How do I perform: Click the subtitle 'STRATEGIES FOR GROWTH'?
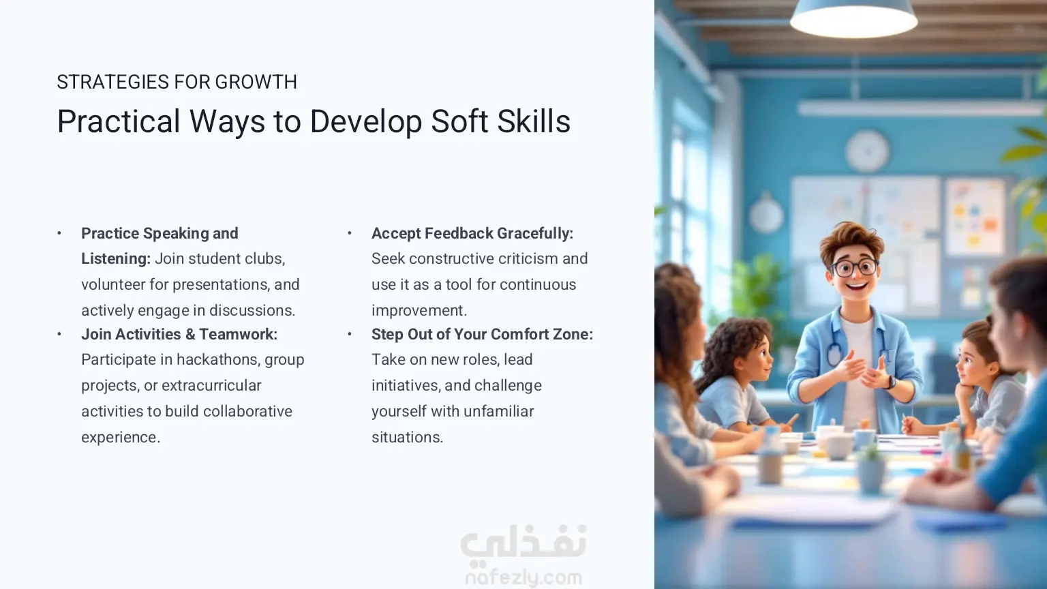[x=177, y=82]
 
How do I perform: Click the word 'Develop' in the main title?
[x=365, y=122]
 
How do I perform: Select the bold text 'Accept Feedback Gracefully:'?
[x=472, y=233]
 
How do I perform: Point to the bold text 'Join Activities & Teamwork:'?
[x=179, y=334]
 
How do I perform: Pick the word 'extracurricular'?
[x=211, y=386]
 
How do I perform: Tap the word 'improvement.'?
[x=419, y=310]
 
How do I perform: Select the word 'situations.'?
[x=407, y=437]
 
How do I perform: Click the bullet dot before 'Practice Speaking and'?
[x=59, y=233]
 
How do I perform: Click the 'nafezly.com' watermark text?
[x=523, y=578]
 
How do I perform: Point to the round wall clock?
[x=867, y=151]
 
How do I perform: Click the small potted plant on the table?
[x=870, y=468]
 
